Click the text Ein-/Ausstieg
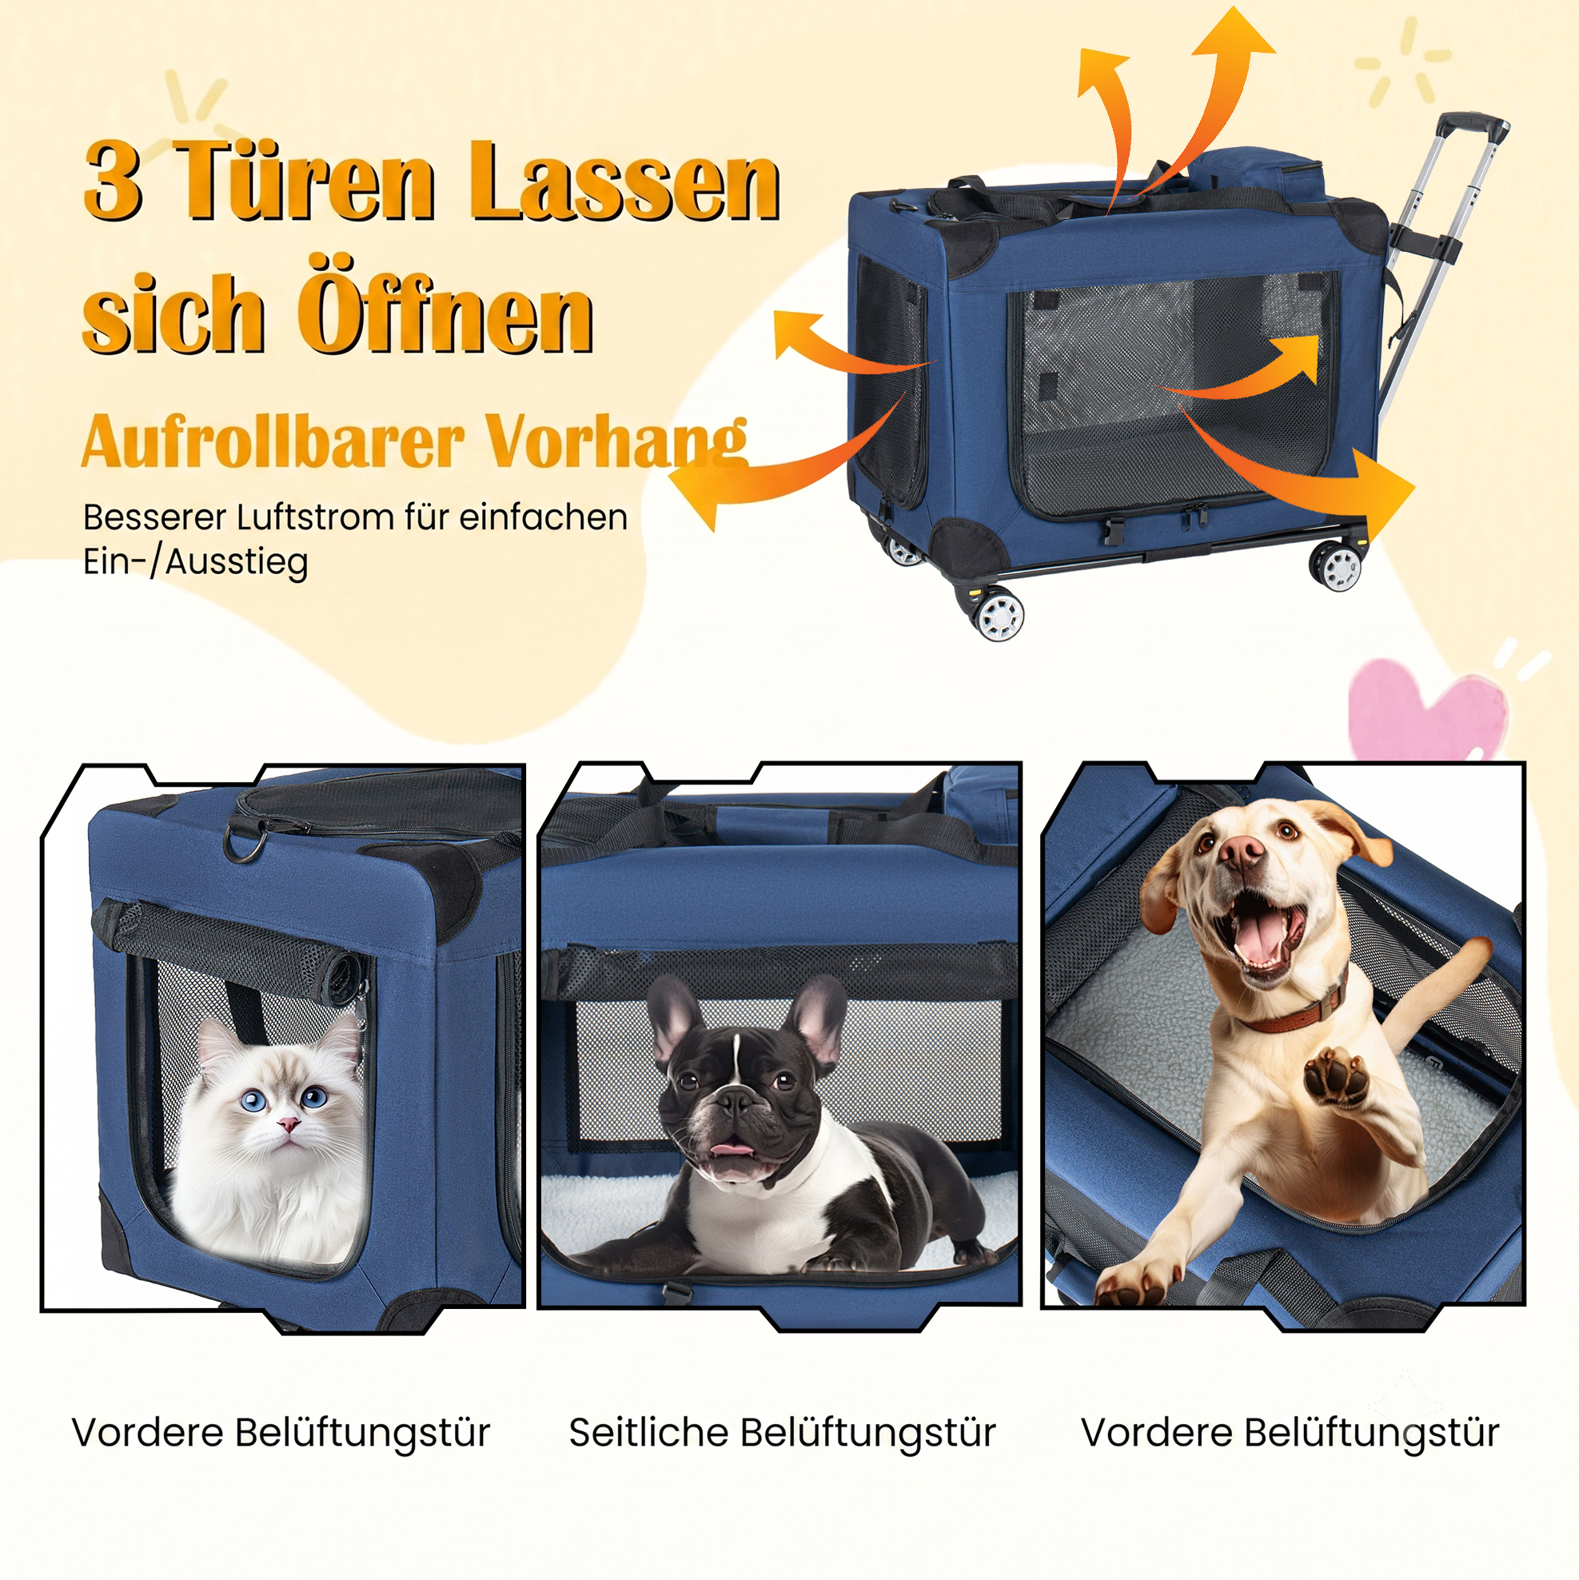(196, 563)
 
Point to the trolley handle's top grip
(1473, 125)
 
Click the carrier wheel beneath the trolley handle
(1336, 565)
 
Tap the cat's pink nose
(287, 1123)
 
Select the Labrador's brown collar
(1292, 1011)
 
